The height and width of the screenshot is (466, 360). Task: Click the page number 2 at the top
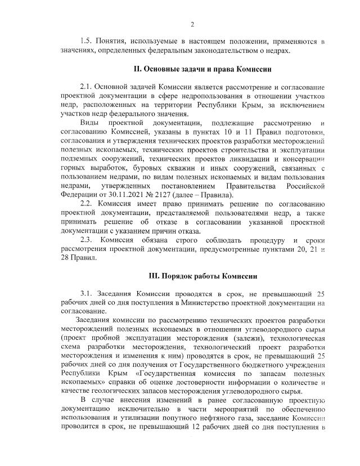tap(192, 24)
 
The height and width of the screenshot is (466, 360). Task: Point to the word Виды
tap(91, 123)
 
